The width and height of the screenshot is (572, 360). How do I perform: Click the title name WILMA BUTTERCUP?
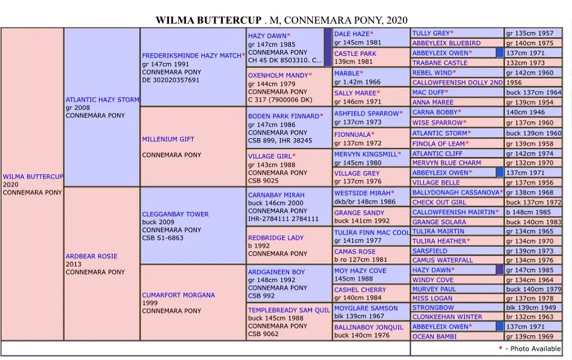(209, 20)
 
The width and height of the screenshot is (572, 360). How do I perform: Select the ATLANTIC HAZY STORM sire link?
(102, 100)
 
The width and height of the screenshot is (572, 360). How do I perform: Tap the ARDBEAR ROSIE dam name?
(92, 256)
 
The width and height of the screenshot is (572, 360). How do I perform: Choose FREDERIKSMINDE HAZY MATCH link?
(192, 55)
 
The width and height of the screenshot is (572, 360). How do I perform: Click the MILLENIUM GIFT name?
(168, 139)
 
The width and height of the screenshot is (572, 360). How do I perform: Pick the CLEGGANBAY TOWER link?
(175, 214)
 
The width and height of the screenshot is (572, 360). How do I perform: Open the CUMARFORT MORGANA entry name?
(178, 295)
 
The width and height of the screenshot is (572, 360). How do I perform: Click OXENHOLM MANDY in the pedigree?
(278, 75)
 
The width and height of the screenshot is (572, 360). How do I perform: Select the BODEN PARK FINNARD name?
(284, 116)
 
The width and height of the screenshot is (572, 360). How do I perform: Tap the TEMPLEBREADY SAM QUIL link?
(289, 310)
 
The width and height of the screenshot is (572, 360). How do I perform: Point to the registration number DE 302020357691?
(171, 80)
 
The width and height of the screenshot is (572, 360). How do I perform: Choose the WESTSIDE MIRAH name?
(362, 193)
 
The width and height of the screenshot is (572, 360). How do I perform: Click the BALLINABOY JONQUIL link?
(368, 327)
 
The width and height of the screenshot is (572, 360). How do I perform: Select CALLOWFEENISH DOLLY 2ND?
(457, 82)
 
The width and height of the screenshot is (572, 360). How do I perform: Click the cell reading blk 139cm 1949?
(533, 308)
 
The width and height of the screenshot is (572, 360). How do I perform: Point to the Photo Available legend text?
(535, 349)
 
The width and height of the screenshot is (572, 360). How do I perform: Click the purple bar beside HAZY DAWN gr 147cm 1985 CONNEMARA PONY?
(328, 47)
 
